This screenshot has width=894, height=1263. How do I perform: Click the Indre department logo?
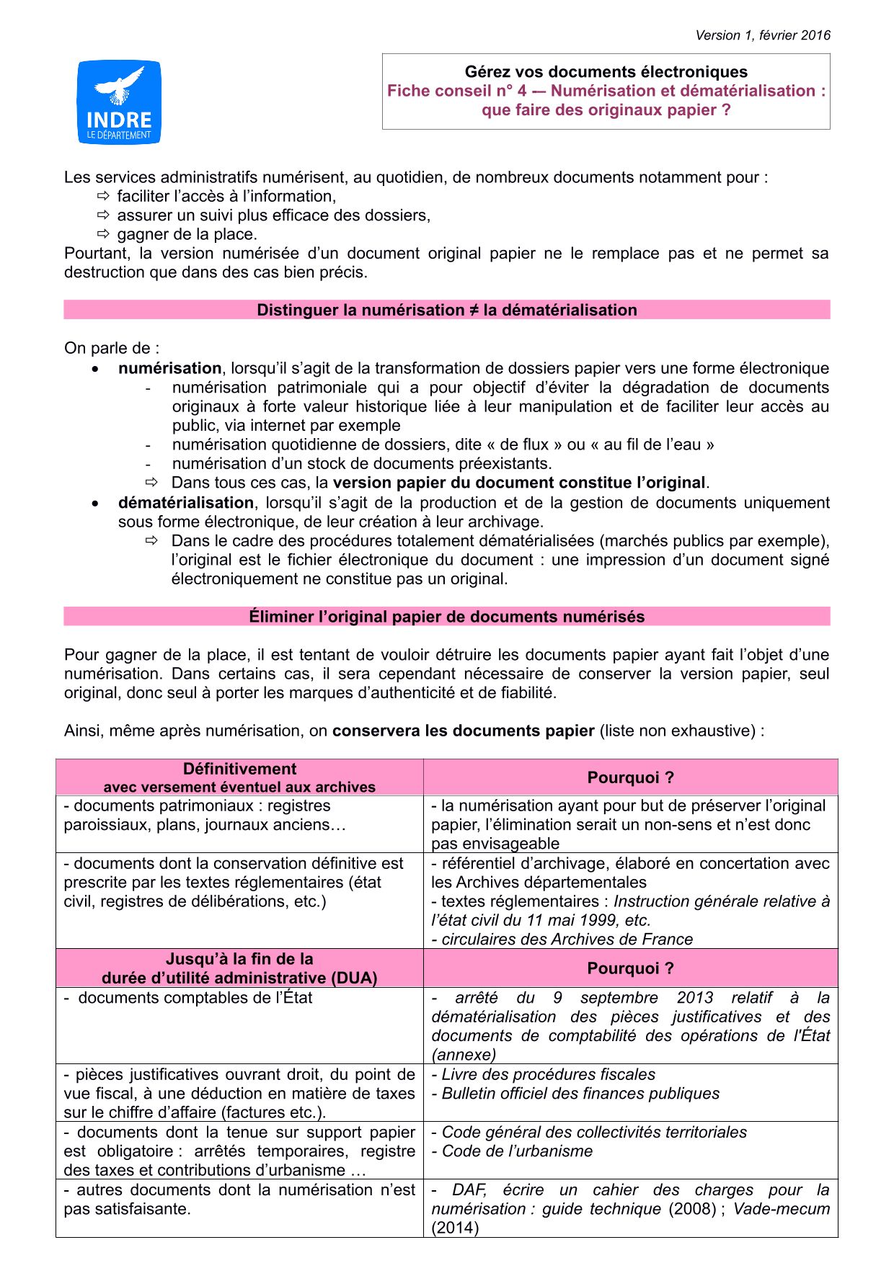pos(119,102)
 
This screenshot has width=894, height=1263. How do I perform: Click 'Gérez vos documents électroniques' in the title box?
pos(606,72)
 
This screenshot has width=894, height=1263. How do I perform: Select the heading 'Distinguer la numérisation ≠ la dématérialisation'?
pos(447,311)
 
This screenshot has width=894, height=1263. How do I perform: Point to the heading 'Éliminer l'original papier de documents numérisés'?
pos(447,617)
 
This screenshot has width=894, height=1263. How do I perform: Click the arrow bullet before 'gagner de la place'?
pos(102,234)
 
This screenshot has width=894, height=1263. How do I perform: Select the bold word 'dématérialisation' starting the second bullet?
pos(186,503)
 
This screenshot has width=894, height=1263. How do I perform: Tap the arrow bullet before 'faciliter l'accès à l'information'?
pos(102,196)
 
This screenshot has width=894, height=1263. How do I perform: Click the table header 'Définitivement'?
pos(239,769)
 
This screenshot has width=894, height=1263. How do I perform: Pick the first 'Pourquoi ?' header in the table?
pos(630,777)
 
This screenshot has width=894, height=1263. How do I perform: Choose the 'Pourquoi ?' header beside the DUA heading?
pos(630,968)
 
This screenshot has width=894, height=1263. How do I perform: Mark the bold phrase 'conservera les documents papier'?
pos(463,731)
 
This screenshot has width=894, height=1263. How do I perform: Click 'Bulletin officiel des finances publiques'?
pos(580,1094)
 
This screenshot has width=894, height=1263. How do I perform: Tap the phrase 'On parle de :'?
pos(112,349)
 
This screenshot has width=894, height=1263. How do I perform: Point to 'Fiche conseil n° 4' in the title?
pos(456,92)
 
